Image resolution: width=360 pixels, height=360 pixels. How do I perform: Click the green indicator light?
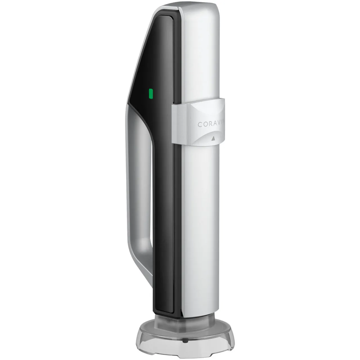click(x=151, y=94)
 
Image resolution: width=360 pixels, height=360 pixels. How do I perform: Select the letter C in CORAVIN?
click(x=200, y=124)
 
